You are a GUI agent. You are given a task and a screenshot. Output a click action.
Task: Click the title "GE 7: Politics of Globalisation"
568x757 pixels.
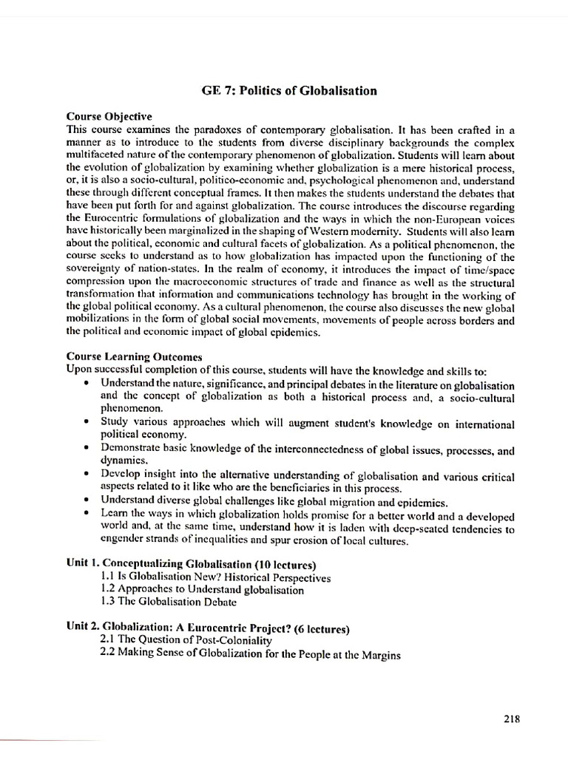[289, 91]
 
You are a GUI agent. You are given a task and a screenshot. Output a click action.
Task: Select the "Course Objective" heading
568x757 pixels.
[109, 116]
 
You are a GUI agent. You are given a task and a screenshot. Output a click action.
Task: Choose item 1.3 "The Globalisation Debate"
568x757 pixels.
[168, 602]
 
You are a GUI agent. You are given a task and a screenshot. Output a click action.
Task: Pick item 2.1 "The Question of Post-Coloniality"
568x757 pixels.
[186, 641]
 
